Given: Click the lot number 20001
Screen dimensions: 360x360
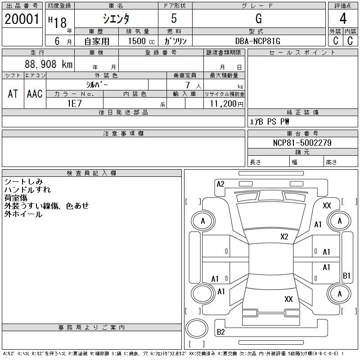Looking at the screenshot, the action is pos(22,19).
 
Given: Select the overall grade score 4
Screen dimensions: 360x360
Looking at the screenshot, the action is pos(343,18).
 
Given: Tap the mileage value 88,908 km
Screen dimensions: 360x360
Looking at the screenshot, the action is pos(49,64).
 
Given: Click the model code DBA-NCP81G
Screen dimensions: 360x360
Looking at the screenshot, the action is pos(258,41).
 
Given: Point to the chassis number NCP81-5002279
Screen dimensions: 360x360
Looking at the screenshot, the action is pos(302,143).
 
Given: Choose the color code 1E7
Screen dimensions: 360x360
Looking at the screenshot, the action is pos(75,103).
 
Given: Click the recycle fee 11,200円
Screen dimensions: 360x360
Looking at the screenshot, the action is pos(227,104).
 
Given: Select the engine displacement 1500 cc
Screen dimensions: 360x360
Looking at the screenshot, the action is pos(141,41).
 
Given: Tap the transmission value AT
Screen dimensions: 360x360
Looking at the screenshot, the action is pos(13,94).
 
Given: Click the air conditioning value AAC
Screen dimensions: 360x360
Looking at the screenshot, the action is pos(35,94).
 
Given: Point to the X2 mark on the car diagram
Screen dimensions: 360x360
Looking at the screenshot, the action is pos(284,237).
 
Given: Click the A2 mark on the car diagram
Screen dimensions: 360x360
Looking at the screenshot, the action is pos(220,184).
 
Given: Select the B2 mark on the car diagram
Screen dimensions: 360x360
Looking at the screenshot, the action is pos(220,332).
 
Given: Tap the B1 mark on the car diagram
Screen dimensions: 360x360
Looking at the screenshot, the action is pos(346,275).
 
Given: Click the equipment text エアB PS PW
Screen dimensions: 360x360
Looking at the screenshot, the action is pos(269,121).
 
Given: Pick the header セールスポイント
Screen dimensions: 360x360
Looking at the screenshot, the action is pos(302,53).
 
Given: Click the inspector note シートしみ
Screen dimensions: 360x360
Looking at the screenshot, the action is pos(24,182).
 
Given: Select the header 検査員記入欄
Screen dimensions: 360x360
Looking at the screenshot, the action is pos(91,173).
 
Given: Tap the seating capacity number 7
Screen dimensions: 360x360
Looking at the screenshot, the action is pos(188,85).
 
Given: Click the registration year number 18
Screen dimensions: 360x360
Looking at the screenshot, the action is pos(60,23).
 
